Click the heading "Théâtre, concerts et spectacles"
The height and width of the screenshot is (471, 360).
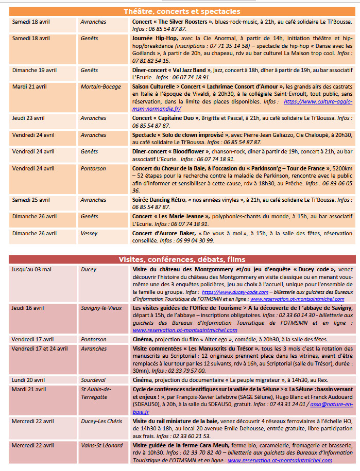[x=181, y=11]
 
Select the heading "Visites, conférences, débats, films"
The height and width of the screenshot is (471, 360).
[x=181, y=259]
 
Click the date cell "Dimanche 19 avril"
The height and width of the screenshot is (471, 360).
[x=35, y=70]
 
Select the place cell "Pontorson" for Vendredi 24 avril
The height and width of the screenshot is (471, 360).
[x=93, y=168]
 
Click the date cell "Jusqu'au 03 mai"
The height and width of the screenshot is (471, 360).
[x=32, y=269]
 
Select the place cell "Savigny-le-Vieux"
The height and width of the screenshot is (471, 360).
[x=101, y=308]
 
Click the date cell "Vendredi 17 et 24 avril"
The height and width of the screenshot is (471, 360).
[x=40, y=348]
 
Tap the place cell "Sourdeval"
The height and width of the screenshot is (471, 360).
[x=92, y=379]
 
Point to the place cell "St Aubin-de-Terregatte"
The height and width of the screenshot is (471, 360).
[x=97, y=393]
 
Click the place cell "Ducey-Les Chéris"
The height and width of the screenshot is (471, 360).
[x=101, y=421]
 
